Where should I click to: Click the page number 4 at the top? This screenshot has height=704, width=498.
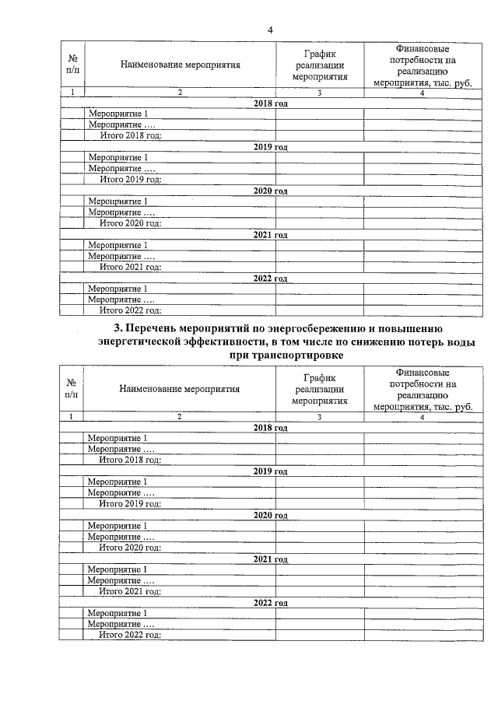(270, 30)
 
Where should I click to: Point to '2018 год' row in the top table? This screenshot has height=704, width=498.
(270, 103)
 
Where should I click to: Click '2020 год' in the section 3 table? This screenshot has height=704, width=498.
(270, 515)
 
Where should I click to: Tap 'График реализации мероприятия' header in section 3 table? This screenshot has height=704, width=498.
(319, 389)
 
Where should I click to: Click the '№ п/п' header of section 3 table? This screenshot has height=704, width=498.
(71, 389)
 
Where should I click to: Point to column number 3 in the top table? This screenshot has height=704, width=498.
(319, 93)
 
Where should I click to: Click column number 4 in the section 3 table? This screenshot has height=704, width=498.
(423, 418)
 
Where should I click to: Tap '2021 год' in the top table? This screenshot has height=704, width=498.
(270, 234)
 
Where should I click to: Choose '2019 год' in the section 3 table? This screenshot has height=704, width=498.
(270, 471)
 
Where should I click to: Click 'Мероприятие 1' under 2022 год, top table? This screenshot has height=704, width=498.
(117, 289)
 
